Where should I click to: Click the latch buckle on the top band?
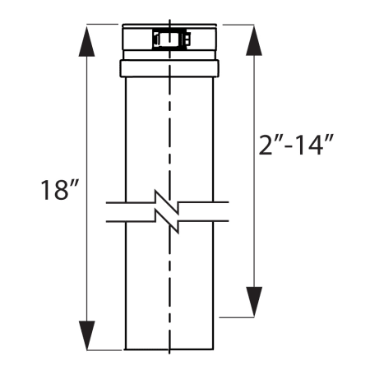point(169,39)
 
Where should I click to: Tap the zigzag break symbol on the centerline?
point(169,212)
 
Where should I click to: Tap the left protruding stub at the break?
point(115,212)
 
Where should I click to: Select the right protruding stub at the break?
point(220,212)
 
